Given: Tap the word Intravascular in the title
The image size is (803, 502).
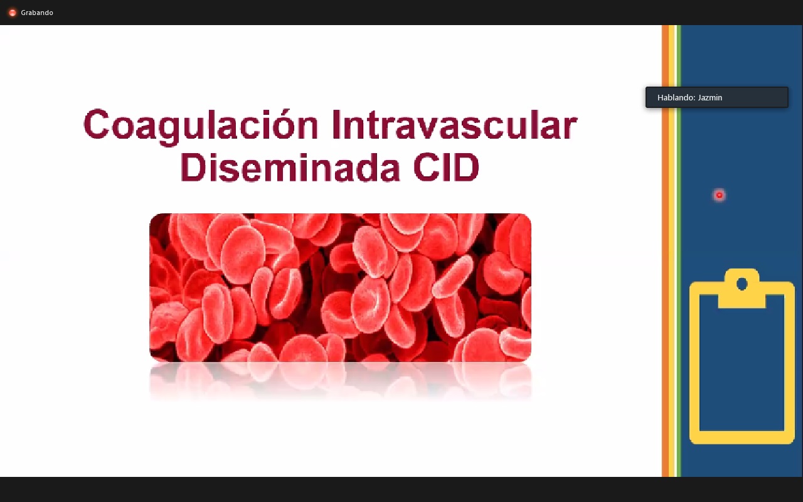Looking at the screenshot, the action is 454,125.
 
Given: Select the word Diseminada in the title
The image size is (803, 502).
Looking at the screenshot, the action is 290,167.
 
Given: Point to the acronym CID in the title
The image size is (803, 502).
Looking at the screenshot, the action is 446,167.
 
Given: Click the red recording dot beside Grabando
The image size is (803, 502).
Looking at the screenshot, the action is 12,13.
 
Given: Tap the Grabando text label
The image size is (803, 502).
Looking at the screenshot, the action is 37,13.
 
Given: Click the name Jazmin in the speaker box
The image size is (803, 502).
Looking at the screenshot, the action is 710,97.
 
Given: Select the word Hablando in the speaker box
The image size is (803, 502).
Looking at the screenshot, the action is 676,97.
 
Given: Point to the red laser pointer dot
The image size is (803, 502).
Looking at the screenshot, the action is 719,195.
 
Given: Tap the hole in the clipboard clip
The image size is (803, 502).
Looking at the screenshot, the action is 742,284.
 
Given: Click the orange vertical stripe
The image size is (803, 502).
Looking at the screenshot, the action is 666,251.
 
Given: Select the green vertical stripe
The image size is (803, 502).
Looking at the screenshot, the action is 679,251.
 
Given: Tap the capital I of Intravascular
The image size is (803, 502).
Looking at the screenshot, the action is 336,124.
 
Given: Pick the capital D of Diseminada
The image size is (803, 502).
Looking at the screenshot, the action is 194,167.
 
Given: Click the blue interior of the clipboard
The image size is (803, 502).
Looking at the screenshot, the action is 742,370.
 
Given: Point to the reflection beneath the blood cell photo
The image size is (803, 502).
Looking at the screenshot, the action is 340,381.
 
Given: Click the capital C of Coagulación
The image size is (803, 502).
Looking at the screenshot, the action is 97,124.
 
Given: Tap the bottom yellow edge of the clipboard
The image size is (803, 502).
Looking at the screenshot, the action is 742,437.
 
